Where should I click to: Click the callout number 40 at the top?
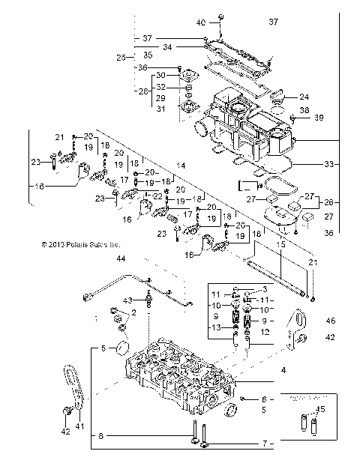click(201, 22)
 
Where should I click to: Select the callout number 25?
click(121, 57)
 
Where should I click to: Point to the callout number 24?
click(304, 97)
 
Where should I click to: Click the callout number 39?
click(318, 118)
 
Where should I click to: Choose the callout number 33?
click(328, 163)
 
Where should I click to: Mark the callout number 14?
click(180, 165)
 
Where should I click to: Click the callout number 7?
click(263, 444)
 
